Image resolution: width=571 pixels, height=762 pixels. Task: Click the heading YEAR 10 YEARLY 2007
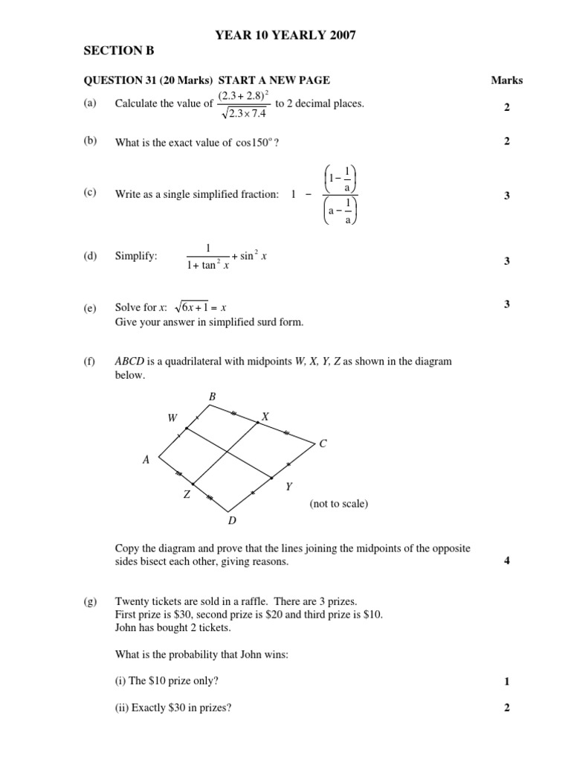tap(280, 35)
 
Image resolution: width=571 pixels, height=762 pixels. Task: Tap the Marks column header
tap(507, 80)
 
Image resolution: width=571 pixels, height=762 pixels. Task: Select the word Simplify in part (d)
tap(136, 256)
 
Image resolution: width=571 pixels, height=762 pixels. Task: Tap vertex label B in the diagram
tap(212, 398)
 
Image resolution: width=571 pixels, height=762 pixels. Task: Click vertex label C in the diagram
tap(323, 444)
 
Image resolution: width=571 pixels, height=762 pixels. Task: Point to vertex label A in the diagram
tap(146, 461)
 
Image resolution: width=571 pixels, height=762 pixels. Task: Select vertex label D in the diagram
tap(231, 520)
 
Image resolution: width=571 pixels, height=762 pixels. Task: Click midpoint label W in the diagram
tap(172, 418)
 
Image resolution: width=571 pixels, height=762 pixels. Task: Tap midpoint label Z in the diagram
tap(187, 494)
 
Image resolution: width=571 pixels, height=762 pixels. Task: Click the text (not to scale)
tap(338, 504)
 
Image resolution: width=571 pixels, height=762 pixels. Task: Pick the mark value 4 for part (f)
tap(506, 560)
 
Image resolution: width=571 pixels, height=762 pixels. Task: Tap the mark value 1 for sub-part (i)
tap(506, 681)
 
